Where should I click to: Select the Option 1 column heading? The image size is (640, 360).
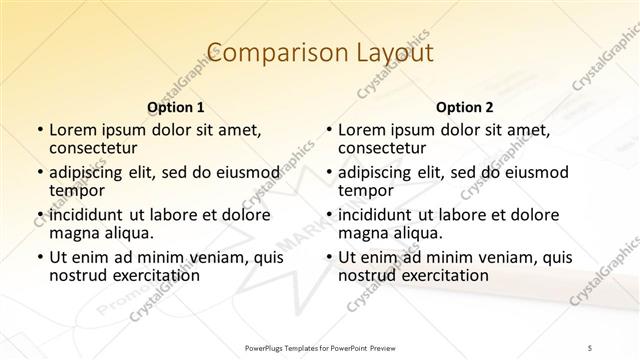[175, 107]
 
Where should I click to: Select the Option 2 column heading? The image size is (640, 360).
[464, 107]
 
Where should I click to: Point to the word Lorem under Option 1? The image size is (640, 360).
[72, 130]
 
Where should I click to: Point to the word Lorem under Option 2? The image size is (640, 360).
[361, 130]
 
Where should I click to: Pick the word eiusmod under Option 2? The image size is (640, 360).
[535, 172]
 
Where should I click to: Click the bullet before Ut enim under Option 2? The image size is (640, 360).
[329, 258]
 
